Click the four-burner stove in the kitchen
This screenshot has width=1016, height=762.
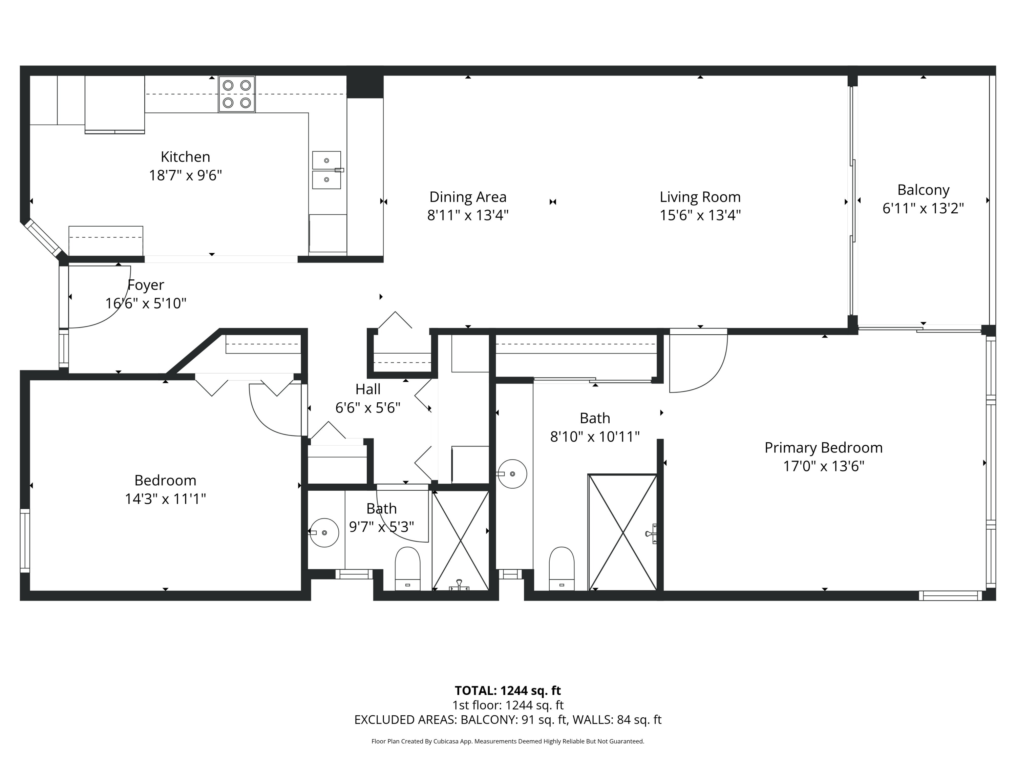236,94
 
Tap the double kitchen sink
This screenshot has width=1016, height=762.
326,170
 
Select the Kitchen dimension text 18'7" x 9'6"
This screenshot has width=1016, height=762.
185,175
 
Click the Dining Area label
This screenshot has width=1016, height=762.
468,197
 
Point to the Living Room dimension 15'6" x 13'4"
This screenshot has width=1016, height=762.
700,215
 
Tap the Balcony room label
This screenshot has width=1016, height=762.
923,190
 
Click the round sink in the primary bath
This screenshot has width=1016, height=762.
512,473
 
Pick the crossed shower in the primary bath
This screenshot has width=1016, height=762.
623,533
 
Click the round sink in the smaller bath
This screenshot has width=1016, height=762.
324,532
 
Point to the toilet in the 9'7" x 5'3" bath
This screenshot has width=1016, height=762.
407,568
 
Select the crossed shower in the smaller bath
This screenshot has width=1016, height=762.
460,540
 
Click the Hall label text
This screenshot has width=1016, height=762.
368,389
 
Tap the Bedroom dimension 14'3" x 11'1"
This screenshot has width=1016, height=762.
165,499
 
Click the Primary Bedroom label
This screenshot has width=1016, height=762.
823,448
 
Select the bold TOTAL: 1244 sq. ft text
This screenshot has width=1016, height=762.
508,690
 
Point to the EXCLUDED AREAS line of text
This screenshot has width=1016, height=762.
508,720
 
